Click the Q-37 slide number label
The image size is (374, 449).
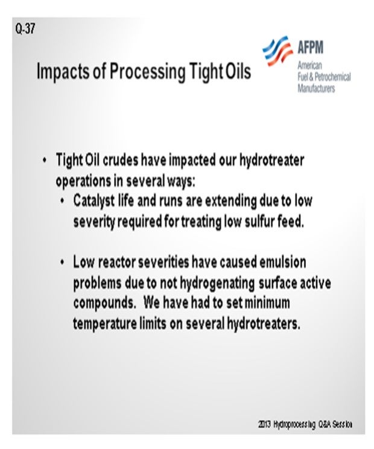pyautogui.click(x=25, y=28)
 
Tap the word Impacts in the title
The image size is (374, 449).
pyautogui.click(x=62, y=71)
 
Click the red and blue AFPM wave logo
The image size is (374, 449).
pyautogui.click(x=277, y=51)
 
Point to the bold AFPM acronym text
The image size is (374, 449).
pyautogui.click(x=311, y=47)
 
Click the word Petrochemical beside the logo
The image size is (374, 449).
pyautogui.click(x=332, y=77)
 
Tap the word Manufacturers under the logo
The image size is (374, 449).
pyautogui.click(x=316, y=88)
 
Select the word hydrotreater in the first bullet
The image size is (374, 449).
pyautogui.click(x=271, y=160)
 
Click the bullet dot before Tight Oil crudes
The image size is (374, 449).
pyautogui.click(x=45, y=160)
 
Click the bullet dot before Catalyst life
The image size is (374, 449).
pyautogui.click(x=62, y=201)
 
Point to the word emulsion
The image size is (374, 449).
pyautogui.click(x=283, y=262)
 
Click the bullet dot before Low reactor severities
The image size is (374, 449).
pyautogui.click(x=62, y=263)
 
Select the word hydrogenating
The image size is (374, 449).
pyautogui.click(x=217, y=284)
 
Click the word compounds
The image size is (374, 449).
pyautogui.click(x=104, y=304)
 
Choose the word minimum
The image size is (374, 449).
pyautogui.click(x=267, y=303)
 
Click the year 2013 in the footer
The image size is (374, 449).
pyautogui.click(x=264, y=424)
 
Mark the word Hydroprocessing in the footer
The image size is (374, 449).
pyautogui.click(x=294, y=424)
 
